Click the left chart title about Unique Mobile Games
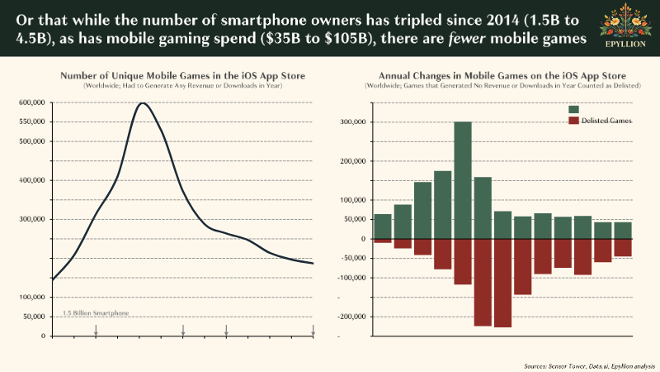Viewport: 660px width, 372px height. click(183, 76)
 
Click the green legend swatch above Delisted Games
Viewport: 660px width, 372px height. click(574, 109)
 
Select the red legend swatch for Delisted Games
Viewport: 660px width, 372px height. click(574, 121)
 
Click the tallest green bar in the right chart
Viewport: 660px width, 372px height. click(463, 180)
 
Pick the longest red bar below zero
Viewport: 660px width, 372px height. click(502, 283)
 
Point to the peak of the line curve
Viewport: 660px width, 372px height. click(144, 103)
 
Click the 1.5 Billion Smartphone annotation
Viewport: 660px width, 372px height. click(97, 314)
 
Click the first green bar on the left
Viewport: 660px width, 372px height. click(383, 227)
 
